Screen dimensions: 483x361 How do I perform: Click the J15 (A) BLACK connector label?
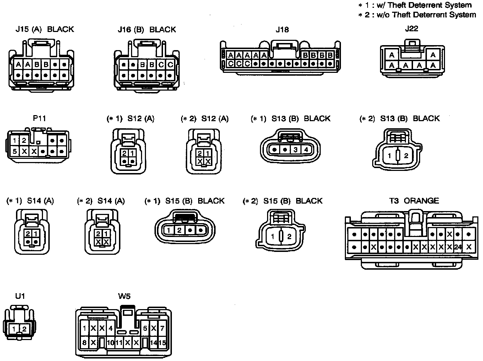pyautogui.click(x=45, y=29)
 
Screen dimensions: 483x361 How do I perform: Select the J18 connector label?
pyautogui.click(x=282, y=29)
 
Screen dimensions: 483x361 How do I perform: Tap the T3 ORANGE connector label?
pyautogui.click(x=414, y=201)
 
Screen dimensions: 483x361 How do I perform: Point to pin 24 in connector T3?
pyautogui.click(x=458, y=247)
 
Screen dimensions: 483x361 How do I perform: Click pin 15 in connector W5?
pyautogui.click(x=162, y=343)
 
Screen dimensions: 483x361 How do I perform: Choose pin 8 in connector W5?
pyautogui.click(x=85, y=343)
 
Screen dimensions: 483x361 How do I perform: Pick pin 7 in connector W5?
pyautogui.click(x=162, y=328)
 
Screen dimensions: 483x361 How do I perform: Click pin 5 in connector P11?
pyautogui.click(x=15, y=151)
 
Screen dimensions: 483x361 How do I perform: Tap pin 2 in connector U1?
pyautogui.click(x=24, y=329)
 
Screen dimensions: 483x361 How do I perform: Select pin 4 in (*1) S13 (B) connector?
pyautogui.click(x=306, y=150)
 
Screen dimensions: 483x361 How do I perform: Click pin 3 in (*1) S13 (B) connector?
pyautogui.click(x=295, y=150)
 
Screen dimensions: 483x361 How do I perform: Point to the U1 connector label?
pyautogui.click(x=20, y=296)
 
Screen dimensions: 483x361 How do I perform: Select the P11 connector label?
pyautogui.click(x=39, y=118)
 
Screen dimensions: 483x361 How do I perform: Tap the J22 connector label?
pyautogui.click(x=412, y=29)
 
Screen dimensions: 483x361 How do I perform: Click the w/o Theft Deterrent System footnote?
pyautogui.click(x=417, y=15)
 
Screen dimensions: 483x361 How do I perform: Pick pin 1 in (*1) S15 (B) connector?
pyautogui.click(x=169, y=230)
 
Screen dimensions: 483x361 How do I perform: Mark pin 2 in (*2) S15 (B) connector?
pyautogui.click(x=289, y=237)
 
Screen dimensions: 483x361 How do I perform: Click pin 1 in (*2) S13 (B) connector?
pyautogui.click(x=390, y=156)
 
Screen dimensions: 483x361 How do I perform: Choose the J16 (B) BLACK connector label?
pyautogui.click(x=147, y=29)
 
